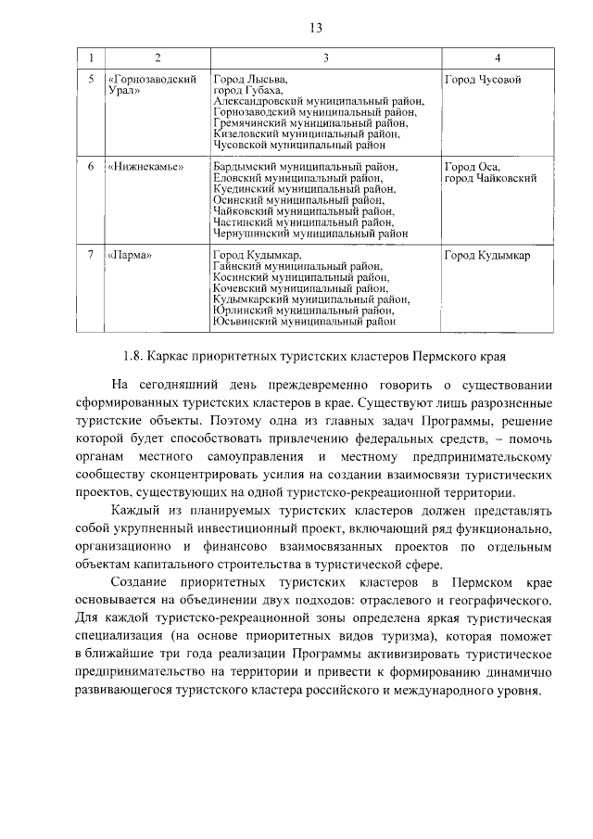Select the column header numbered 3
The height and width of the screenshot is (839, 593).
[x=326, y=60]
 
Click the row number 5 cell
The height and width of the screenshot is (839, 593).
[x=91, y=80]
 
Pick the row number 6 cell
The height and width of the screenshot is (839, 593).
[x=91, y=168]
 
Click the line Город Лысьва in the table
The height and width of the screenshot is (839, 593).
[x=250, y=80]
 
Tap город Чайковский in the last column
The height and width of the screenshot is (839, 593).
[x=490, y=179]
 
